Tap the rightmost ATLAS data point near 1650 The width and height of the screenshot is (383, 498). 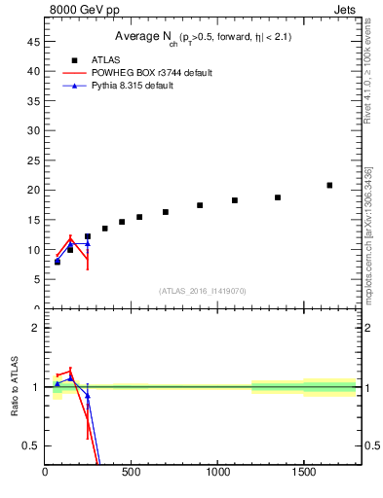pos(329,185)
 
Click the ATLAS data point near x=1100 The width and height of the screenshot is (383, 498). pos(235,200)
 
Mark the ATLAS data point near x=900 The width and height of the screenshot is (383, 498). pos(200,205)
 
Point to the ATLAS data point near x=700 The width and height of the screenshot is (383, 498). pos(166,212)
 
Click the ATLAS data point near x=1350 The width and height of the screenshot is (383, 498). pos(278,197)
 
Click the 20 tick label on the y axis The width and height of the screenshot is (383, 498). pos(34,191)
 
